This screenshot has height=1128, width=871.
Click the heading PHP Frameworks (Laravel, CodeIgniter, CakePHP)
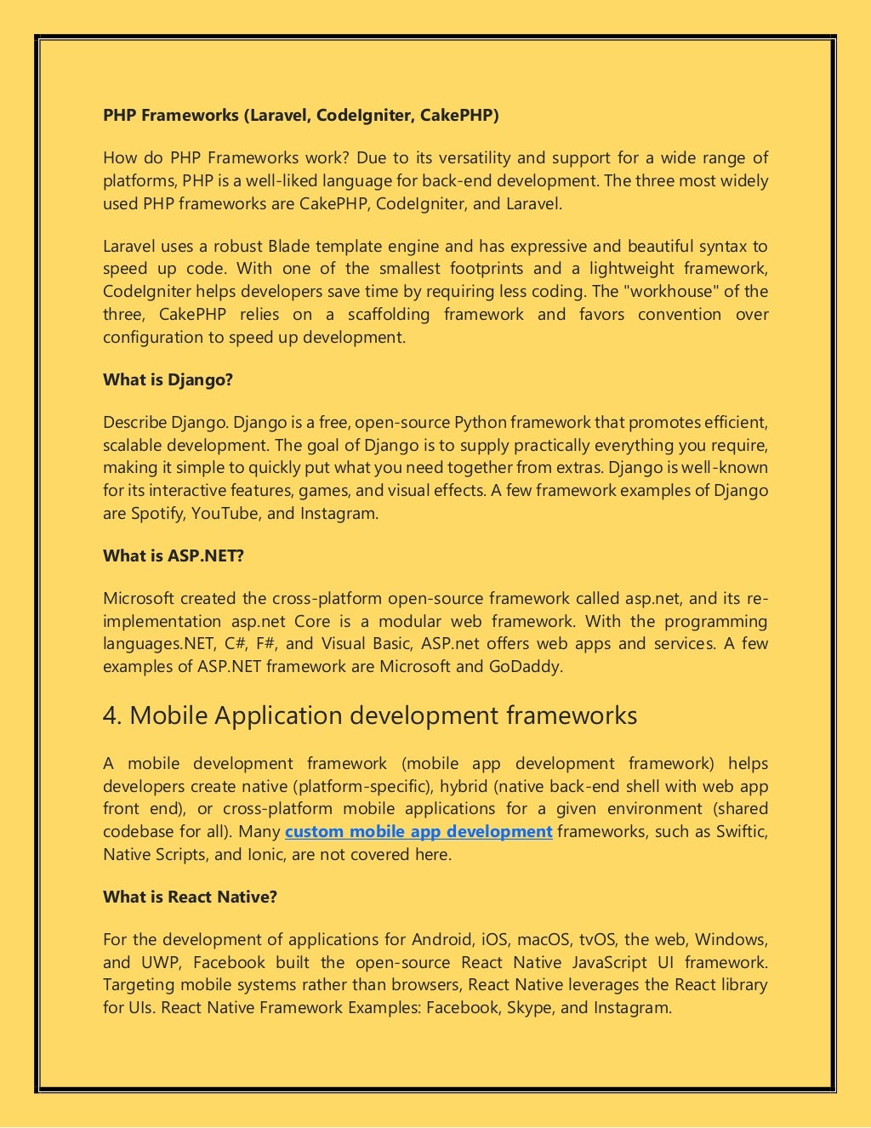[300, 115]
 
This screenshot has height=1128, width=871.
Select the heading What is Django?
[168, 379]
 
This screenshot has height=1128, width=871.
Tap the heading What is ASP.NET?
[174, 555]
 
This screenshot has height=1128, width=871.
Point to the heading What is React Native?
[190, 897]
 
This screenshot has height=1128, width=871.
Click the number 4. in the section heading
[112, 715]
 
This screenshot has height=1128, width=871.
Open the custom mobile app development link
[418, 831]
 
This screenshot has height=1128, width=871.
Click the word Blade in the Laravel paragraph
[289, 247]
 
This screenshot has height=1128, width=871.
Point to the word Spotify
[157, 513]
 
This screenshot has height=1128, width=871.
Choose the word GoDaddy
[525, 666]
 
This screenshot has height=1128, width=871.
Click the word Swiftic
[741, 831]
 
